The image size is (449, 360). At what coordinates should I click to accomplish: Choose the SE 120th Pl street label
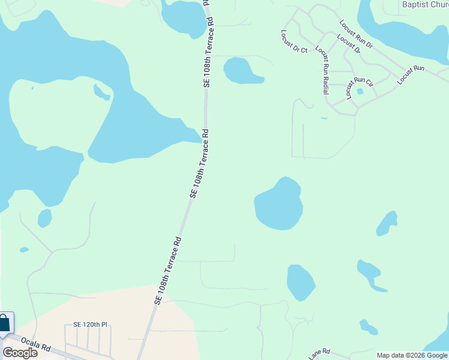pyautogui.click(x=90, y=325)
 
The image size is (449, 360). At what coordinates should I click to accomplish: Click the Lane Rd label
pyautogui.click(x=320, y=354)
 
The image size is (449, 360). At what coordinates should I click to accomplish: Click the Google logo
pyautogui.click(x=20, y=352)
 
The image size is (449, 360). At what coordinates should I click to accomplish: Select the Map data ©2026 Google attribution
pyautogui.click(x=412, y=355)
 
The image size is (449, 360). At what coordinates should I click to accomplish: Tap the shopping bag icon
pyautogui.click(x=4, y=323)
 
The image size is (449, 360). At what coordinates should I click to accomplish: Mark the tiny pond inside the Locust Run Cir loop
pyautogui.click(x=360, y=92)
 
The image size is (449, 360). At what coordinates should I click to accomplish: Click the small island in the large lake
pyautogui.click(x=102, y=91)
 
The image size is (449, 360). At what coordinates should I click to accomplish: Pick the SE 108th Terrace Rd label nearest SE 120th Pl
pyautogui.click(x=168, y=269)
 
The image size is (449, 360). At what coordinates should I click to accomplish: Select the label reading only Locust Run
pyautogui.click(x=411, y=74)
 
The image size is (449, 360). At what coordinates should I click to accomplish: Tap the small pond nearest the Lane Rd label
pyautogui.click(x=369, y=327)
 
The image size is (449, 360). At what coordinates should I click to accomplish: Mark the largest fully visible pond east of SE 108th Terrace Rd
pyautogui.click(x=278, y=204)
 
